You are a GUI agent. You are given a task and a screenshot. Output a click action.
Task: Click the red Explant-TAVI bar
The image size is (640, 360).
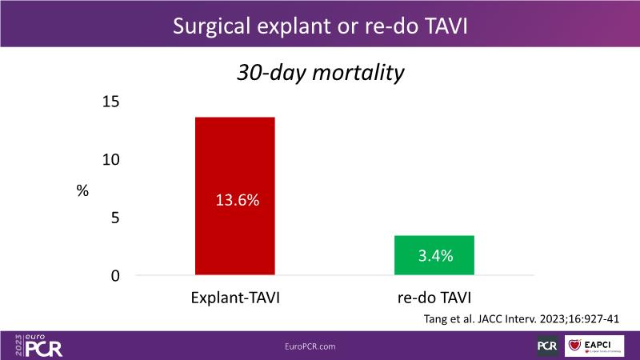tap(235, 160)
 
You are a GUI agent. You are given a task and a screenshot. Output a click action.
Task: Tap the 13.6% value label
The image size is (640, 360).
tap(237, 201)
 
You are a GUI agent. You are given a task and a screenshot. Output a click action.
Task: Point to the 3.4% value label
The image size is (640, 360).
tap(435, 257)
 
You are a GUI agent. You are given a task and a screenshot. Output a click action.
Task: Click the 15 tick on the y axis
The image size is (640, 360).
tap(110, 102)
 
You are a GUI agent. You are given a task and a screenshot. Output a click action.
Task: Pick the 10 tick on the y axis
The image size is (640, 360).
tap(110, 159)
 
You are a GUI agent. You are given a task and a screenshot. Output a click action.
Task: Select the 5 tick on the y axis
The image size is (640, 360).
tap(114, 218)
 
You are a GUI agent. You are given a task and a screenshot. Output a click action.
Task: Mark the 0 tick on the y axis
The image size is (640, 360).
tap(114, 275)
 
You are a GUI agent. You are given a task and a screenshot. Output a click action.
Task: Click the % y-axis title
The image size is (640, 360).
tap(82, 190)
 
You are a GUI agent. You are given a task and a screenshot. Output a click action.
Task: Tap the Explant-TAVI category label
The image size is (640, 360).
tap(235, 298)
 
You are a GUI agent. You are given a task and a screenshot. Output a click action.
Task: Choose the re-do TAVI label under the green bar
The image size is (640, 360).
tap(435, 298)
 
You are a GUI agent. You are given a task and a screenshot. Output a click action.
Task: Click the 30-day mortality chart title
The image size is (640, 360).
tap(319, 73)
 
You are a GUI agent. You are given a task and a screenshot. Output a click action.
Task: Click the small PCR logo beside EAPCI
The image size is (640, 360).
tap(549, 346)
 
